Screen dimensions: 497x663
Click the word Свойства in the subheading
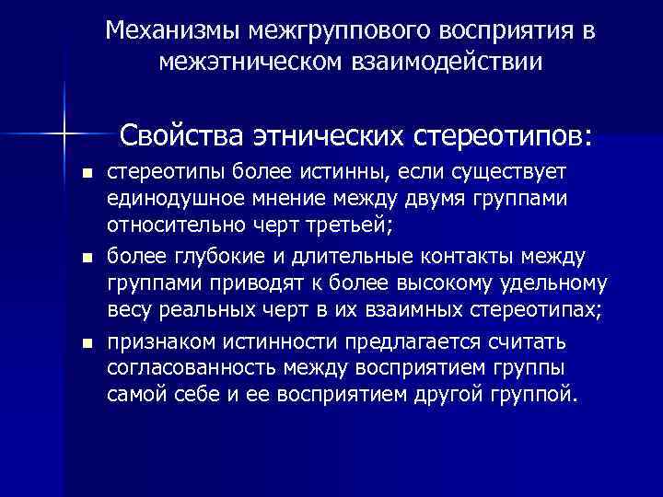click(182, 135)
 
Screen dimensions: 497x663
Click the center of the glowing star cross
click(64, 135)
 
